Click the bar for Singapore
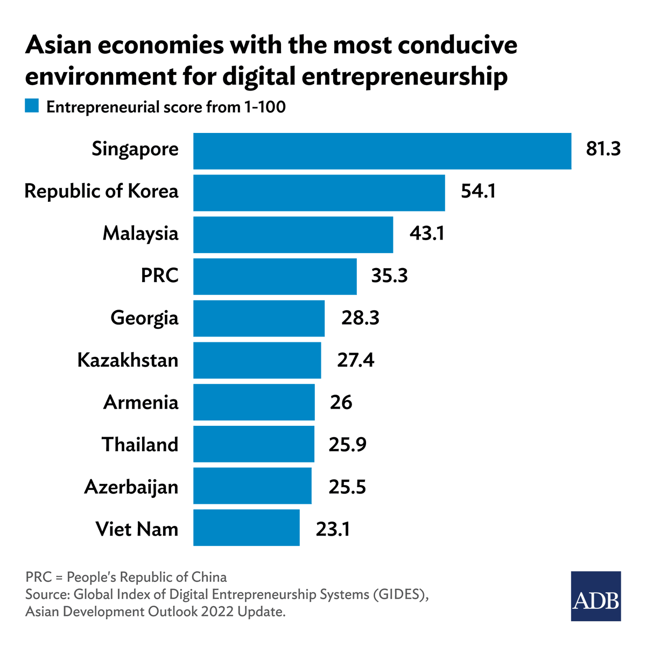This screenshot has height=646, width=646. pyautogui.click(x=382, y=151)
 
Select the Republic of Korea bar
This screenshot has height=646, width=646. pyautogui.click(x=319, y=193)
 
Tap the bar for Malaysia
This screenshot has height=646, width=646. pyautogui.click(x=293, y=235)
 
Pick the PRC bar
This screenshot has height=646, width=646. pyautogui.click(x=275, y=277)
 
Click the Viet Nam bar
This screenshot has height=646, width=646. pyautogui.click(x=246, y=528)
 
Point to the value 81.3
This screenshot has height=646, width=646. pyautogui.click(x=603, y=149)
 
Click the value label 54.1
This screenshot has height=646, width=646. pyautogui.click(x=478, y=191)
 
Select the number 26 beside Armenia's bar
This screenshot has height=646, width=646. pyautogui.click(x=341, y=402)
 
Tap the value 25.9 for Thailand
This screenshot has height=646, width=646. pyautogui.click(x=347, y=445)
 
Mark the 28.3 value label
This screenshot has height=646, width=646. pyautogui.click(x=360, y=318)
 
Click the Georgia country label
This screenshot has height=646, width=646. pyautogui.click(x=144, y=318)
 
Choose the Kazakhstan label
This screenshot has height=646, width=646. pyautogui.click(x=128, y=360)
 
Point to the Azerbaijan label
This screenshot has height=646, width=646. pyautogui.click(x=131, y=487)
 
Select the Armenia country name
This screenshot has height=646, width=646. pyautogui.click(x=141, y=402)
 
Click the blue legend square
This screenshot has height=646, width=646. pyautogui.click(x=32, y=106)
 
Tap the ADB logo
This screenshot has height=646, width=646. pyautogui.click(x=596, y=596)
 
